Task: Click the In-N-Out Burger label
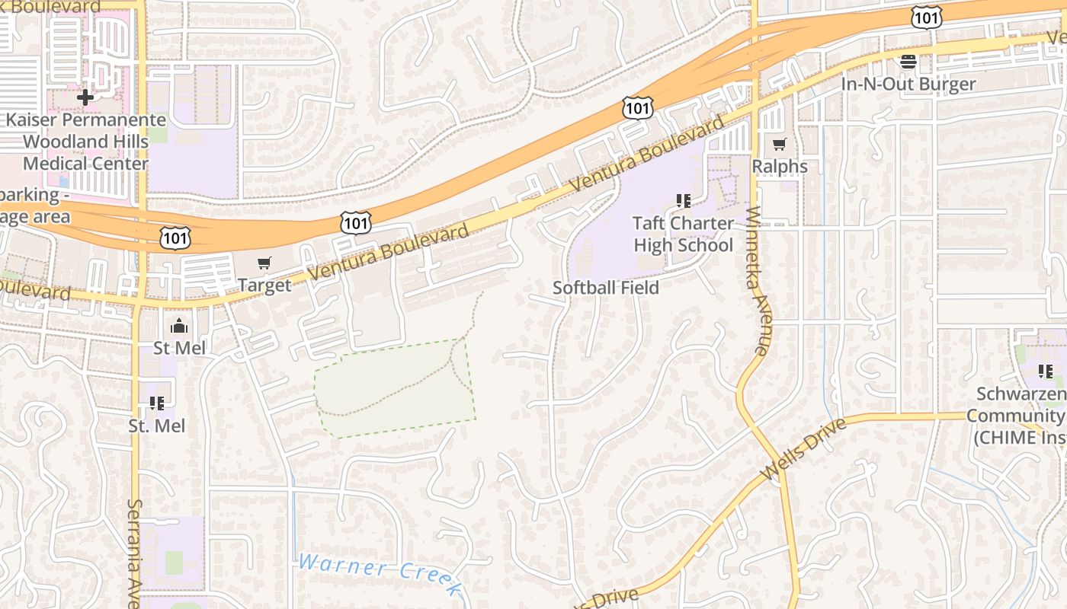[x=908, y=84]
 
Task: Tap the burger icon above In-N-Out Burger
[x=908, y=61]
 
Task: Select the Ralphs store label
[x=779, y=166]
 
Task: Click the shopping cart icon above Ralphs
[x=779, y=144]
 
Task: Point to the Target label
[x=264, y=285]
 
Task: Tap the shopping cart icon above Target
[x=264, y=263]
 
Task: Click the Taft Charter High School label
[x=683, y=234]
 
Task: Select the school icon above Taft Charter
[x=684, y=201]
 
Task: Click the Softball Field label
[x=605, y=288]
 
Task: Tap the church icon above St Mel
[x=180, y=326]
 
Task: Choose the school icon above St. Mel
[x=157, y=403]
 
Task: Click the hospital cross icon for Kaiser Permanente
[x=85, y=97]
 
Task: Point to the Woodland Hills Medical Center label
[x=85, y=152]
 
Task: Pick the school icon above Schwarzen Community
[x=1046, y=371]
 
